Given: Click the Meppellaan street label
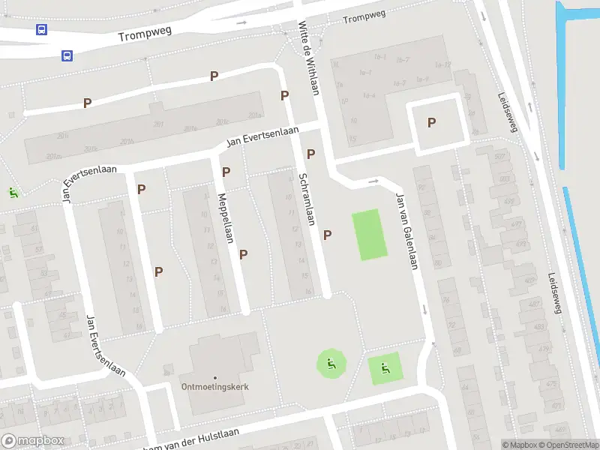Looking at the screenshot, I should [x=224, y=218].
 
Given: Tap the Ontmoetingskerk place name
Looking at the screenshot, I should [x=214, y=387].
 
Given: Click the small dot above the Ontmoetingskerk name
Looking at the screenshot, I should [x=215, y=377].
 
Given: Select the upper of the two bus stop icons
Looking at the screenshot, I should [x=41, y=30].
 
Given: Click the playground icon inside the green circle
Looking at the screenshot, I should [x=331, y=365].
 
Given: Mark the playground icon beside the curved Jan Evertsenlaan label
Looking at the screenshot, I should [x=13, y=192].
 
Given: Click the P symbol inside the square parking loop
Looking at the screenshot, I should [x=431, y=123].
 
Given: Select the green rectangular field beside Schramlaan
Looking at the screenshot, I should [x=370, y=235].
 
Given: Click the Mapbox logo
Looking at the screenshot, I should [x=32, y=441].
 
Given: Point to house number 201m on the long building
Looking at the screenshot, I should [x=52, y=156].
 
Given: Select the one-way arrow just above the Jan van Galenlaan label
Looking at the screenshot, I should [x=374, y=181].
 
